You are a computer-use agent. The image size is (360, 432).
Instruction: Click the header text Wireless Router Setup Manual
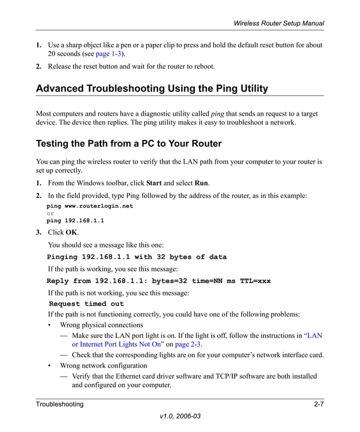click(x=279, y=23)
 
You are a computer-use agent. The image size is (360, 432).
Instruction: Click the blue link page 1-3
click(x=109, y=54)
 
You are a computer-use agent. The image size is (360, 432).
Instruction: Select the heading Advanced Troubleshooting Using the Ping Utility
click(x=152, y=89)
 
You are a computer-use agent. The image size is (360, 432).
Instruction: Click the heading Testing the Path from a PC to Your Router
click(x=129, y=143)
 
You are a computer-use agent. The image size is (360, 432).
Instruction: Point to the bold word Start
click(x=153, y=183)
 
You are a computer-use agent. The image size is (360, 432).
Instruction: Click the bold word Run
click(x=201, y=183)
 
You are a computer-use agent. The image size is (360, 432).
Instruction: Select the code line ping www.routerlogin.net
click(x=90, y=206)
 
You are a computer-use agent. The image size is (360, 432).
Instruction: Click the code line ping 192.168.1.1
click(x=75, y=221)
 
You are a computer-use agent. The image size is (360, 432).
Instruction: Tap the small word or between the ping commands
click(x=50, y=214)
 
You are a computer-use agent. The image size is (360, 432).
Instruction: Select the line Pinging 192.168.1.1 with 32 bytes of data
click(x=137, y=257)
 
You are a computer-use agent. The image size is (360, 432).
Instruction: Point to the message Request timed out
click(x=86, y=304)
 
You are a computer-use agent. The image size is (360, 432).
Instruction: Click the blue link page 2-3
click(x=187, y=345)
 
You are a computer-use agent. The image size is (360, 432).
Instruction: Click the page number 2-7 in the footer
click(x=318, y=404)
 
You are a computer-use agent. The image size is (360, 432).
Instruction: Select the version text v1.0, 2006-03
click(x=180, y=416)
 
